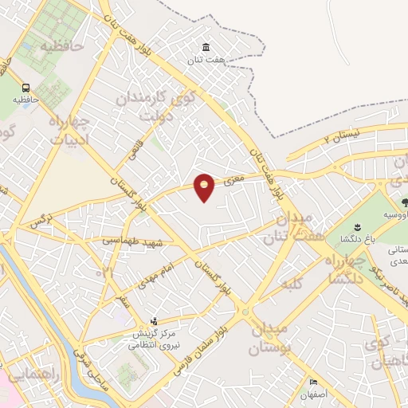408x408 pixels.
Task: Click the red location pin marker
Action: [205, 187]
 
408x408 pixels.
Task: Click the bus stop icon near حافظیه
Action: [26, 88]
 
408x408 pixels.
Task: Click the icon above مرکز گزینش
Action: [154, 321]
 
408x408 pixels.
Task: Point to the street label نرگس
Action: [40, 220]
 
